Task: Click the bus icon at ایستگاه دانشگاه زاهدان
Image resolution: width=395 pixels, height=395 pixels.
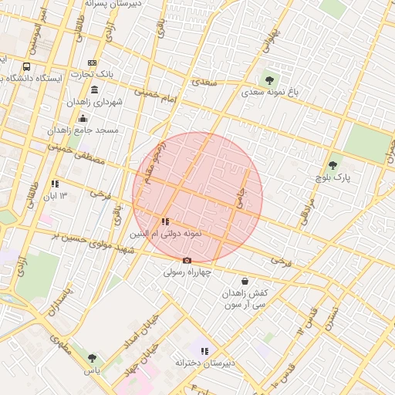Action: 27,67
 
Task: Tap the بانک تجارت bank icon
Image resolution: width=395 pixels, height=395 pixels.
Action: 93,62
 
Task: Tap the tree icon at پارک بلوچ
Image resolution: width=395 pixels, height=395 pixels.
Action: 333,165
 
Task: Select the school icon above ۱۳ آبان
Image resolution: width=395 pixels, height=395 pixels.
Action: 55,184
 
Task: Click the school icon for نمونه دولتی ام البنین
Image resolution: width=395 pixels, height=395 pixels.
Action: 166,221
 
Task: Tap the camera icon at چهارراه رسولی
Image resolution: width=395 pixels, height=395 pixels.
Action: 187,261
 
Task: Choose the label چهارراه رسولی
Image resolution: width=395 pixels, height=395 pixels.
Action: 187,272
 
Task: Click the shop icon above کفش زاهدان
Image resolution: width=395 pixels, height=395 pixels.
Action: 245,282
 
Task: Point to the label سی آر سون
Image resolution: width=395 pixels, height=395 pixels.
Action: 245,306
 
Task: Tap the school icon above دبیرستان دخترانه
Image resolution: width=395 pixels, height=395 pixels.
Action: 204,351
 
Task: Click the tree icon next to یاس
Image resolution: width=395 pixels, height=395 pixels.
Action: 93,358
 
